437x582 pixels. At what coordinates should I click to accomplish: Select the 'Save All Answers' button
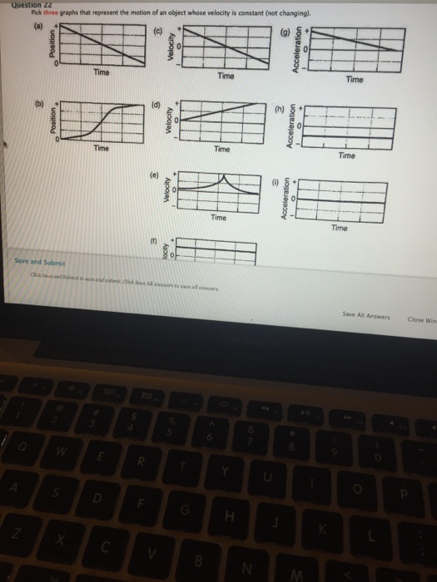[367, 314]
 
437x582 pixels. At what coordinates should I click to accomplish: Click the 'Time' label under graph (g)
[355, 80]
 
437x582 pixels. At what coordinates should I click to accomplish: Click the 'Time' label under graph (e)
[218, 217]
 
